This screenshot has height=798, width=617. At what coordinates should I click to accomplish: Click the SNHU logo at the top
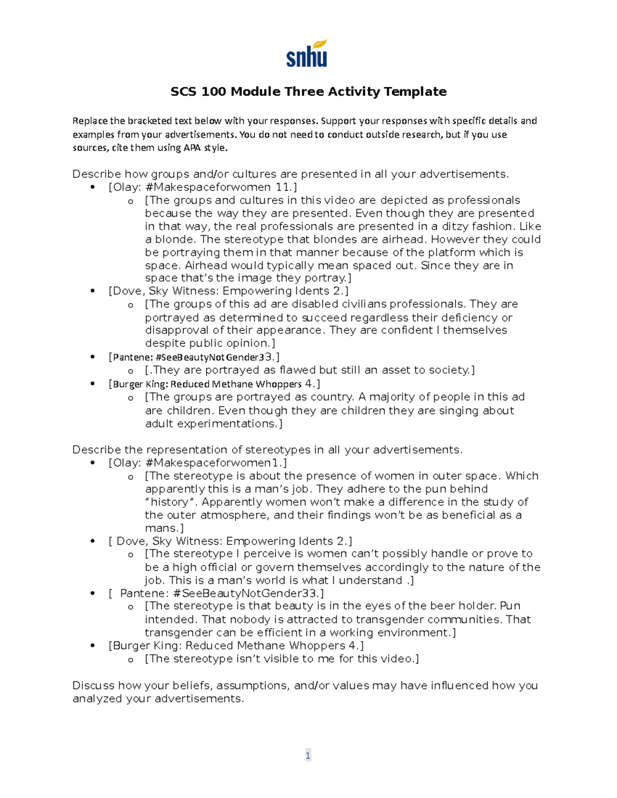click(307, 53)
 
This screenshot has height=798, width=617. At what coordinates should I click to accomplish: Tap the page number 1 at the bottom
click(308, 755)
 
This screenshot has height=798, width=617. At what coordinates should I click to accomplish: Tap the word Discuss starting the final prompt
click(94, 685)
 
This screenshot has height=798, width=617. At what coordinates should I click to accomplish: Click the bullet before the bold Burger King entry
click(93, 384)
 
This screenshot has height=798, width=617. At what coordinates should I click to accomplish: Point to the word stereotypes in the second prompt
click(278, 450)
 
